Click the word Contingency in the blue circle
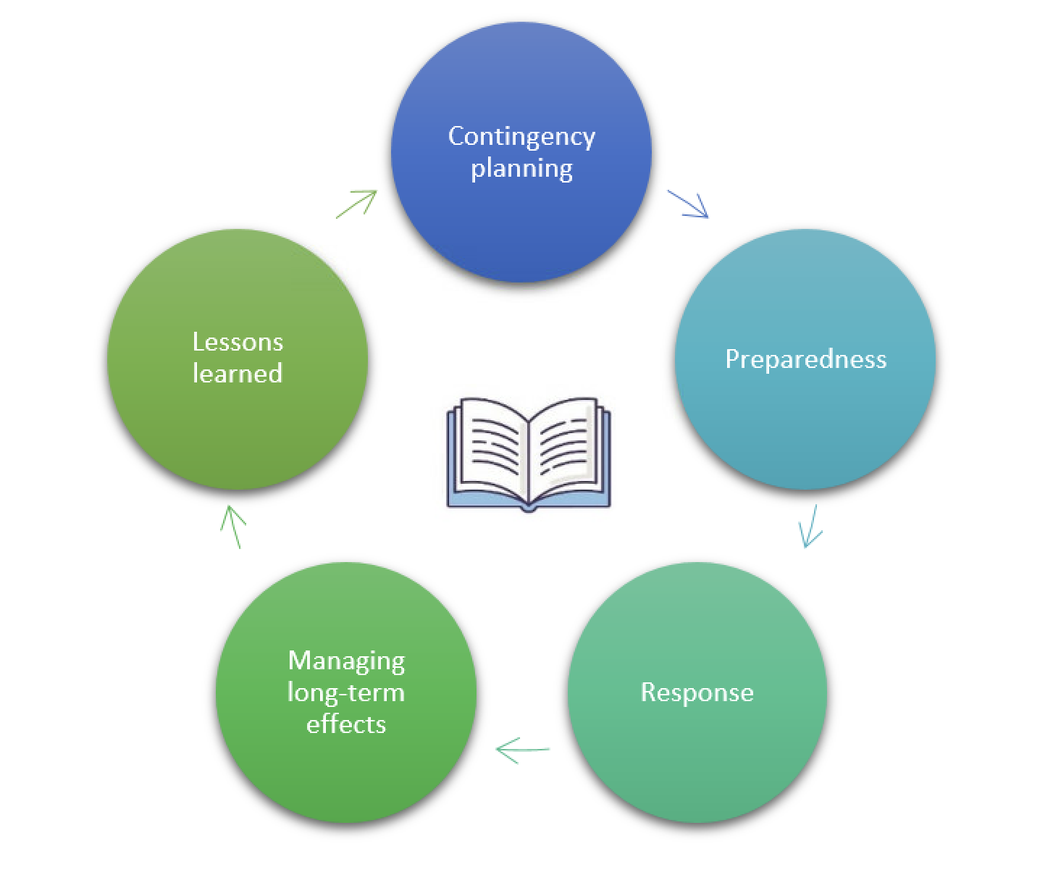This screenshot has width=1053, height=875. pyautogui.click(x=521, y=137)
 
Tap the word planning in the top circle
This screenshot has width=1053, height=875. pyautogui.click(x=521, y=169)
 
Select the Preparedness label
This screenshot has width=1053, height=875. pyautogui.click(x=805, y=359)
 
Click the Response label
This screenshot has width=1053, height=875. pyautogui.click(x=697, y=692)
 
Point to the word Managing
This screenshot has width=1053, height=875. pyautogui.click(x=346, y=661)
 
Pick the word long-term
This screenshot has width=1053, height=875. pyautogui.click(x=346, y=692)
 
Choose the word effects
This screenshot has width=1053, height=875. pyautogui.click(x=346, y=724)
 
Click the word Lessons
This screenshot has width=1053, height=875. pyautogui.click(x=238, y=342)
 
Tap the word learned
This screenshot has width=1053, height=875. pyautogui.click(x=238, y=374)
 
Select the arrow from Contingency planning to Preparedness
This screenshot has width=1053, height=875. pyautogui.click(x=688, y=204)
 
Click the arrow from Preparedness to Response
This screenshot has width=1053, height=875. pyautogui.click(x=810, y=526)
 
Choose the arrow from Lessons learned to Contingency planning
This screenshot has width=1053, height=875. pyautogui.click(x=357, y=204)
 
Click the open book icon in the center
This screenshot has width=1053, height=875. pyautogui.click(x=529, y=453)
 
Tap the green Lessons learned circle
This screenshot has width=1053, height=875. pyautogui.click(x=238, y=427)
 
